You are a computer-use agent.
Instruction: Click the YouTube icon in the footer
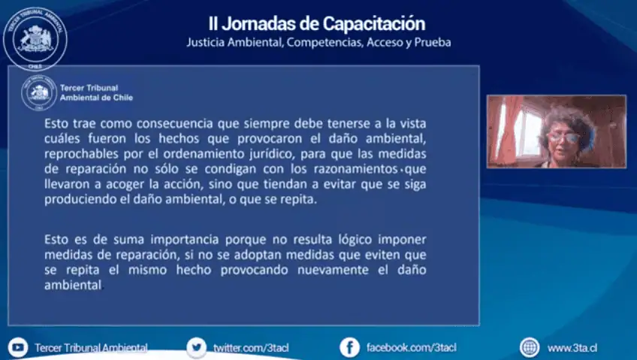pos(18,347)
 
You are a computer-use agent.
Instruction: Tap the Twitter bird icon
pos(197,348)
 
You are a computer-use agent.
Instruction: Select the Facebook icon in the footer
pos(350,348)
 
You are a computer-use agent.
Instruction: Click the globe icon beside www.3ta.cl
pos(530,348)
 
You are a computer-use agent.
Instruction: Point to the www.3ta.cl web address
pos(572,348)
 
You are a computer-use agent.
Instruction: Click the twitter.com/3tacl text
pos(251,348)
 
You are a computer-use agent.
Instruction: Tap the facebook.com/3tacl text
pos(412,348)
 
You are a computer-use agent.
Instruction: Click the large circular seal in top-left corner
pos(35,39)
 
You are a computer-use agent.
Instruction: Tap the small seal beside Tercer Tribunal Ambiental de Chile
pos(39,93)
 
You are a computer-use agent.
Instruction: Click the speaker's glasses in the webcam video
pos(563,138)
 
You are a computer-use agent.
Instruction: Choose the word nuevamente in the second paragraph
pos(333,271)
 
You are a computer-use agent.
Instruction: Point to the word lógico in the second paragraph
pos(355,240)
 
